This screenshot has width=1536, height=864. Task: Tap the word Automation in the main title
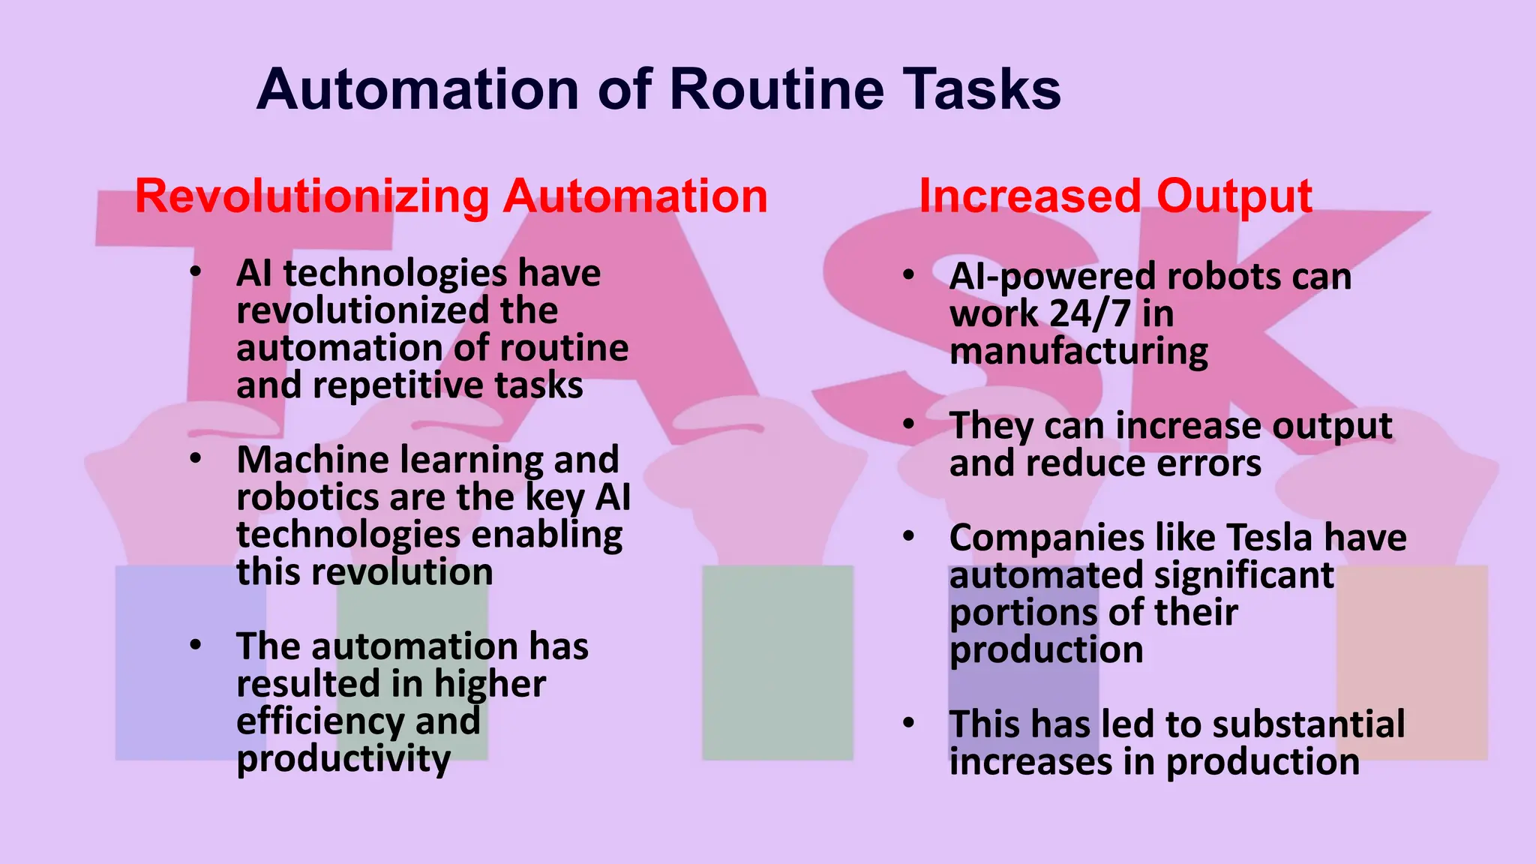(418, 89)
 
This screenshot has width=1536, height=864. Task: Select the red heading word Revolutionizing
(312, 197)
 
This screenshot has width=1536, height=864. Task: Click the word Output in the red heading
(1234, 197)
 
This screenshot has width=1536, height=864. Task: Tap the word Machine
(315, 460)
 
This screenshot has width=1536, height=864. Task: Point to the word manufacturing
(1078, 352)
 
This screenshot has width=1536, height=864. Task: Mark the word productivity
(343, 759)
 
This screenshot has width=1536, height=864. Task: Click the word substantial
(1308, 724)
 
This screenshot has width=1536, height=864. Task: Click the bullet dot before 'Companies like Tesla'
(909, 537)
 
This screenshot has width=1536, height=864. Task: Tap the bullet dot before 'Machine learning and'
(196, 459)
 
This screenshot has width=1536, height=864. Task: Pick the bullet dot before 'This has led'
(909, 723)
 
